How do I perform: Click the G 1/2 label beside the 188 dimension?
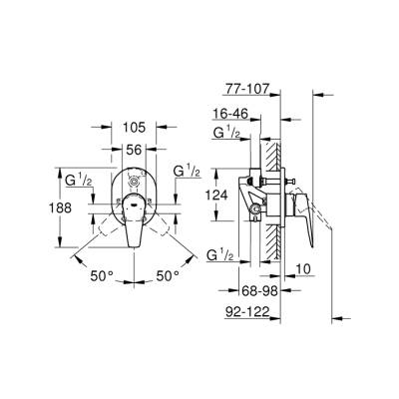tap(79, 180)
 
